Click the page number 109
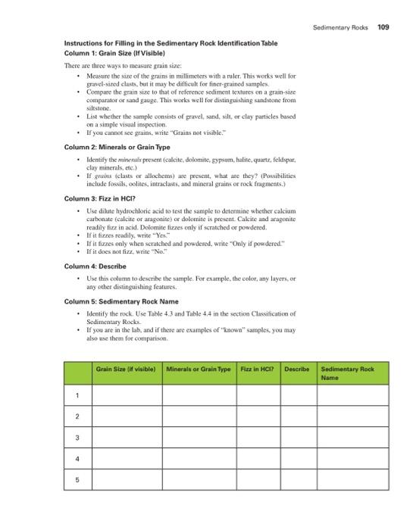click(x=383, y=27)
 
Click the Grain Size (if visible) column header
click(x=125, y=369)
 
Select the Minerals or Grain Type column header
click(x=198, y=369)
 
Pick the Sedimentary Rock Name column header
click(x=348, y=373)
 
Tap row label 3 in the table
click(x=77, y=438)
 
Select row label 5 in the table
click(x=77, y=480)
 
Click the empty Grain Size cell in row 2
click(x=125, y=416)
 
